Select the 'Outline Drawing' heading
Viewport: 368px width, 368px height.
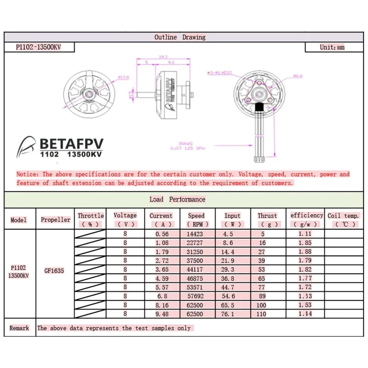pyautogui.click(x=180, y=37)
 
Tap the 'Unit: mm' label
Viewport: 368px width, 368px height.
pyautogui.click(x=332, y=47)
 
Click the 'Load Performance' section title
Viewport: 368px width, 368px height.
pyautogui.click(x=177, y=199)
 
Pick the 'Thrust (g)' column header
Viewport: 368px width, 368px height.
pyautogui.click(x=267, y=219)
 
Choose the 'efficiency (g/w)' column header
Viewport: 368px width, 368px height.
pyautogui.click(x=307, y=219)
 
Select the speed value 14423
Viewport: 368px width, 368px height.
pyautogui.click(x=196, y=234)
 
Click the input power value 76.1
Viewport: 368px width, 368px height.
pyautogui.click(x=232, y=314)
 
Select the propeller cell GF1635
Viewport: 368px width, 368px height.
pyautogui.click(x=55, y=271)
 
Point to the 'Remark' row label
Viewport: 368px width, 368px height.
pyautogui.click(x=19, y=328)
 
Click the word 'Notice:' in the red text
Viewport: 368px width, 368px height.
pyautogui.click(x=28, y=174)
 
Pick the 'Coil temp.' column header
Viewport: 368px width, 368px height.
pyautogui.click(x=343, y=219)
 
